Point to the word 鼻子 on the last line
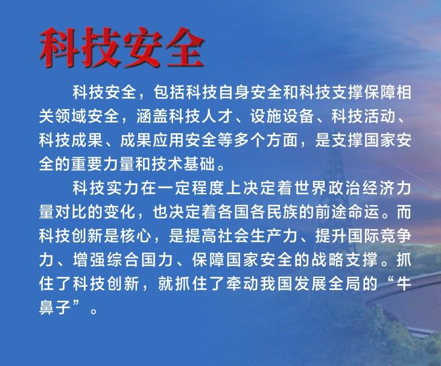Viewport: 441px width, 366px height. point(55,308)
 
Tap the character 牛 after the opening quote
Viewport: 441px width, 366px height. point(404,283)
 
